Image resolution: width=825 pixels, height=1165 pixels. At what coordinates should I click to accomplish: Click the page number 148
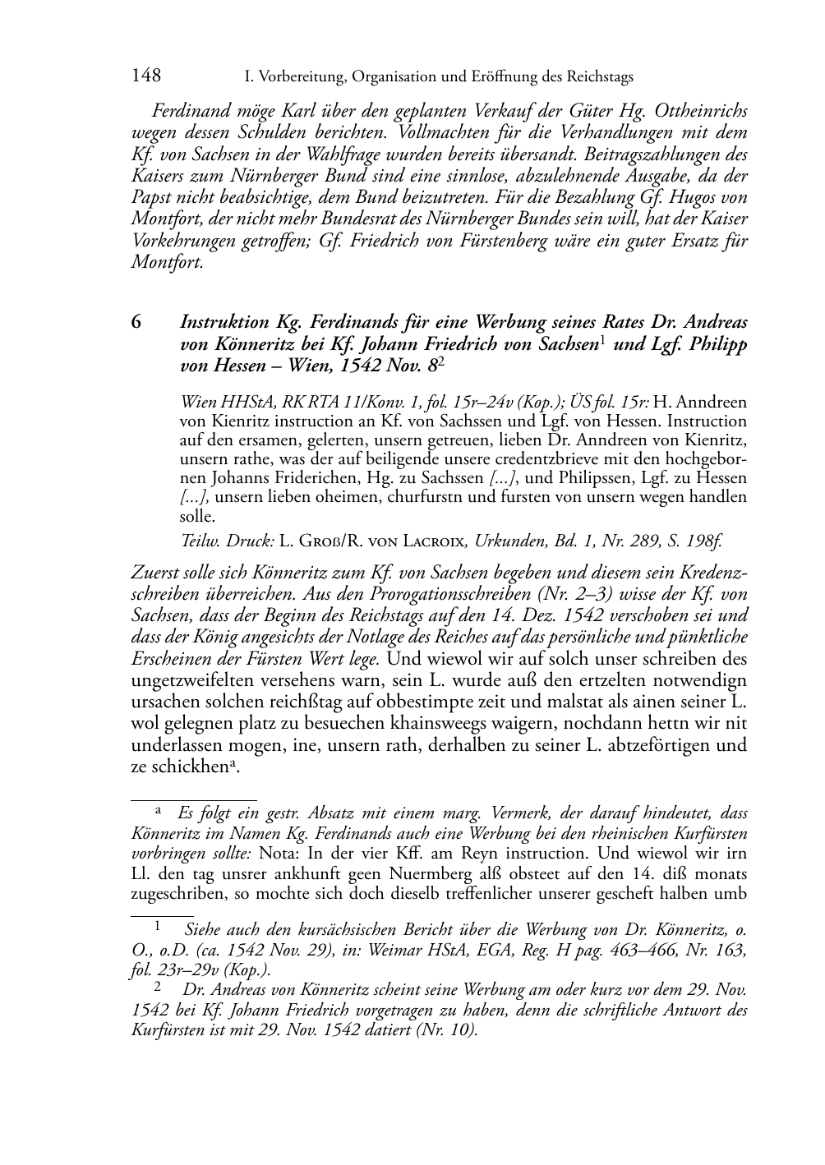[146, 76]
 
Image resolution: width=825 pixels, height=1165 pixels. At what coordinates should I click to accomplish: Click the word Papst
[153, 197]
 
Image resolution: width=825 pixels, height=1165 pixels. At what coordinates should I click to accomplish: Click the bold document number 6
[136, 322]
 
